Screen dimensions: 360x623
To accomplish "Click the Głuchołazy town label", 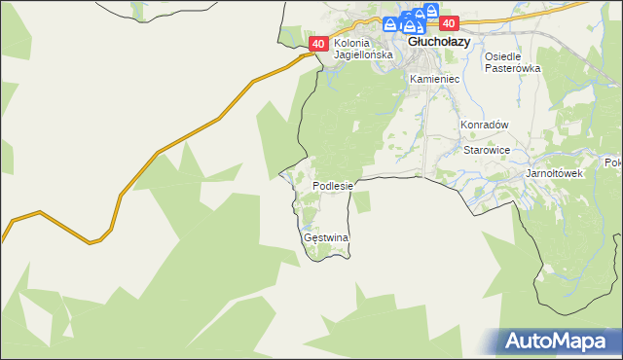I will pyautogui.click(x=439, y=43).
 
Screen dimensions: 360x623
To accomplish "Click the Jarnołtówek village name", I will pyautogui.click(x=553, y=173).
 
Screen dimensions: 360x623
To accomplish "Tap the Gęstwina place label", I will pyautogui.click(x=326, y=237).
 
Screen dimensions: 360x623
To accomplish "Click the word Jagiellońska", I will pyautogui.click(x=363, y=55).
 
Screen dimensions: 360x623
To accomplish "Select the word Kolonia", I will pyautogui.click(x=353, y=44).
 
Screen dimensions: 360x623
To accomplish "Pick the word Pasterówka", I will pyautogui.click(x=512, y=69).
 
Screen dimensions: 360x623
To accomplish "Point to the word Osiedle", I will pyautogui.click(x=504, y=56).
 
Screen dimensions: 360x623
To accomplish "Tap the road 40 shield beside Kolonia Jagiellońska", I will pyautogui.click(x=318, y=44).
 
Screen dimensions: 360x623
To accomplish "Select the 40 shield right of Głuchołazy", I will pyautogui.click(x=448, y=23).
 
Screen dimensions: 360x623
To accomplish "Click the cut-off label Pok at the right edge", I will pyautogui.click(x=613, y=162).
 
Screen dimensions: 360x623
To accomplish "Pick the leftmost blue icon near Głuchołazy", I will pyautogui.click(x=388, y=23).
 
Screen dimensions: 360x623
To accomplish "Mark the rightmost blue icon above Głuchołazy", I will pyautogui.click(x=419, y=16).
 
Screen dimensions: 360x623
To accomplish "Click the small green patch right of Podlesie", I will pyautogui.click(x=362, y=201).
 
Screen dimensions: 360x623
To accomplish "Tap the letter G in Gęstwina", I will pyautogui.click(x=308, y=237).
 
